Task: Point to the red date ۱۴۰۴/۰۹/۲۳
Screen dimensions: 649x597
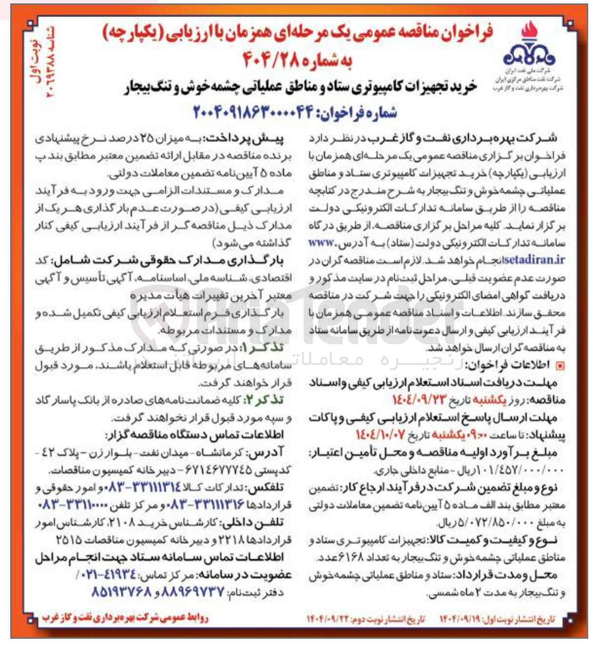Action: pyautogui.click(x=419, y=401)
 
